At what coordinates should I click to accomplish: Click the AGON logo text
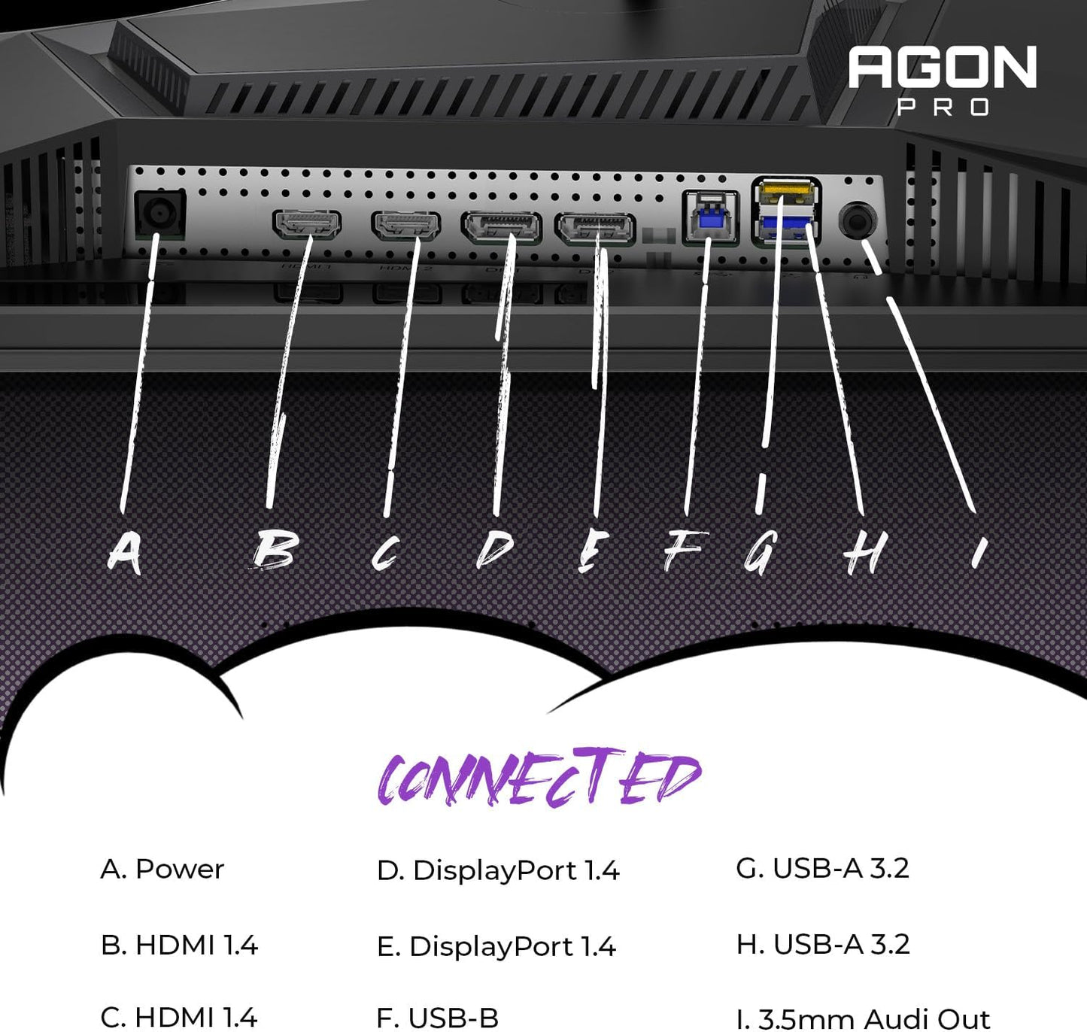point(942,68)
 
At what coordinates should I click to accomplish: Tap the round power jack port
point(159,215)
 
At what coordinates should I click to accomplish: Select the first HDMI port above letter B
point(306,224)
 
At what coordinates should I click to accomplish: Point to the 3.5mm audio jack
point(858,221)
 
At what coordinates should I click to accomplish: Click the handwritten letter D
point(495,551)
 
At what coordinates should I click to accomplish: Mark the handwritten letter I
point(978,553)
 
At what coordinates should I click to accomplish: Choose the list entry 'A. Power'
point(162,870)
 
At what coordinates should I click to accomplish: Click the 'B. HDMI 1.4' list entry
point(179,945)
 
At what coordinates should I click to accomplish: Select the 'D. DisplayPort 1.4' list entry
point(497,871)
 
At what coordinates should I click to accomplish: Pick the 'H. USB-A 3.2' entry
point(822,945)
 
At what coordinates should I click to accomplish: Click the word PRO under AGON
point(943,108)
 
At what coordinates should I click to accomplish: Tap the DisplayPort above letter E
point(595,229)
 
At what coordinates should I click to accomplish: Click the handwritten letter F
point(685,551)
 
